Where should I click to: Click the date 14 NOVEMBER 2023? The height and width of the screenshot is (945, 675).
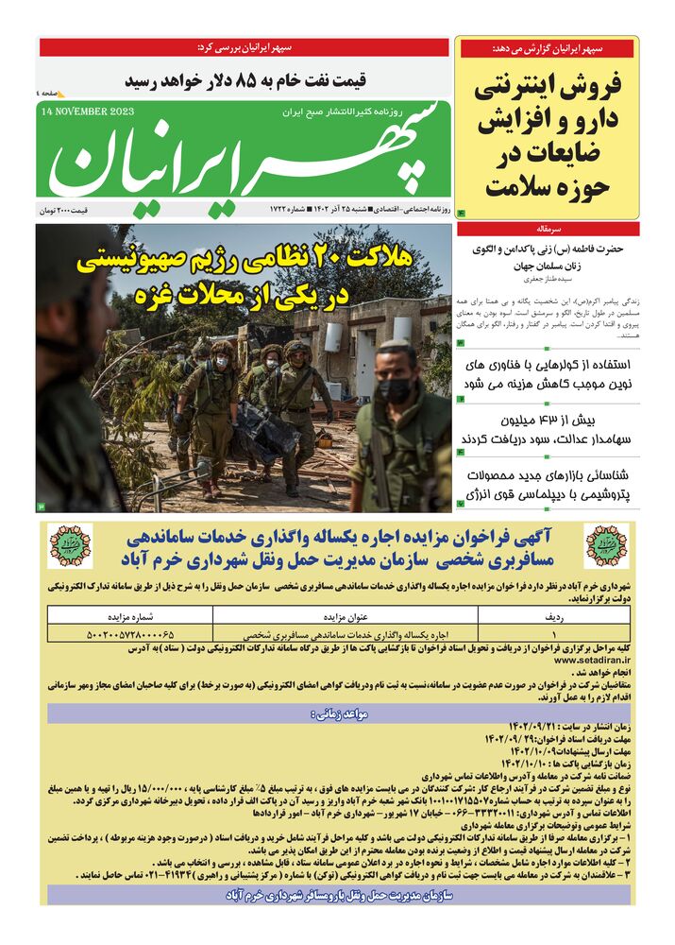88,111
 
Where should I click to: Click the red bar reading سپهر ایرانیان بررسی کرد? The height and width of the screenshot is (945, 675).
244,47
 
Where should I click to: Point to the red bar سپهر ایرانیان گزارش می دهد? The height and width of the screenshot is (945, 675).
548,47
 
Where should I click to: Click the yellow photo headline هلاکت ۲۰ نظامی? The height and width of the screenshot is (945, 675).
244,279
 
